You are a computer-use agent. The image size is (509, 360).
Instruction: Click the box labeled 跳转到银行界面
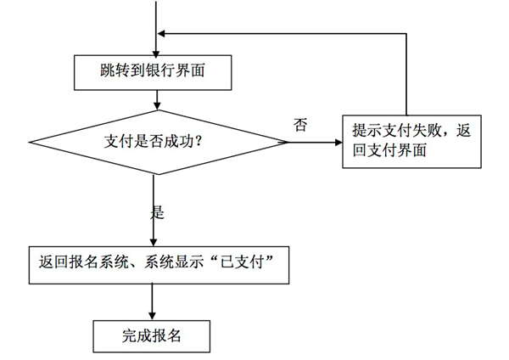point(153,72)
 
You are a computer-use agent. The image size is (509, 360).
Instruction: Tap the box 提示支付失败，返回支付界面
point(411,141)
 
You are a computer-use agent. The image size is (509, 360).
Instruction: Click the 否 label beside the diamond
point(300,125)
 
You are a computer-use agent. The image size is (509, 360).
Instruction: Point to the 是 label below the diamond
point(157,212)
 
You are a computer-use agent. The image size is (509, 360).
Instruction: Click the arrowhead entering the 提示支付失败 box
point(337,142)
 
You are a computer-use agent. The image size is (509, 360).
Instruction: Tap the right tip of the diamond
point(287,142)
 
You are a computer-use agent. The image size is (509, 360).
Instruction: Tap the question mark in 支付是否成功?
point(198,142)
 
